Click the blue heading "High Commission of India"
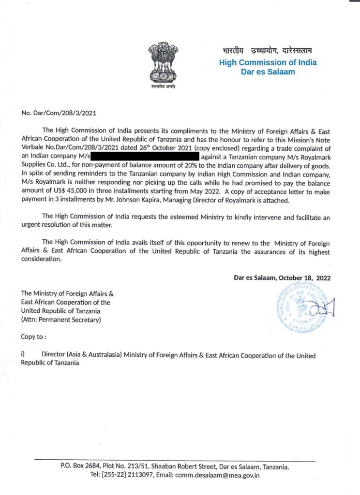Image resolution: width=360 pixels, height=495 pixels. coord(268,62)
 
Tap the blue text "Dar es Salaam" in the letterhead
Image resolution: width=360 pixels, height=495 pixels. coord(268,72)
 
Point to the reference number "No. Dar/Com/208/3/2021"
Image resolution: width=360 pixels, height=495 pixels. coord(59,113)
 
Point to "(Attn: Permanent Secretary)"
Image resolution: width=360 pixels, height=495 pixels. coord(61,320)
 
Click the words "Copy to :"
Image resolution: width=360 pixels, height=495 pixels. coord(34,336)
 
